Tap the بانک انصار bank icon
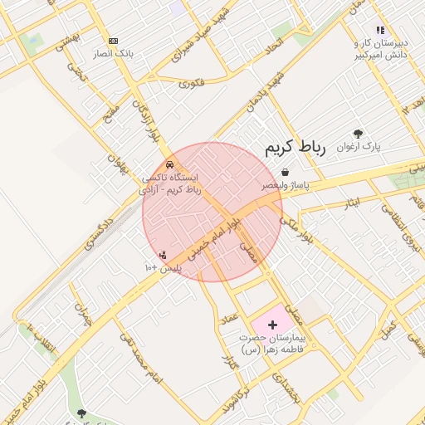pyautogui.click(x=114, y=41)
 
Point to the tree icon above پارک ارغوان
pyautogui.click(x=358, y=133)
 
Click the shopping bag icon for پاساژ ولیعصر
pyautogui.click(x=286, y=173)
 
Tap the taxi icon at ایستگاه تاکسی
pyautogui.click(x=170, y=164)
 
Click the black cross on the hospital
pyautogui.click(x=273, y=324)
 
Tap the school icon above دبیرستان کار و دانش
pyautogui.click(x=380, y=30)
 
